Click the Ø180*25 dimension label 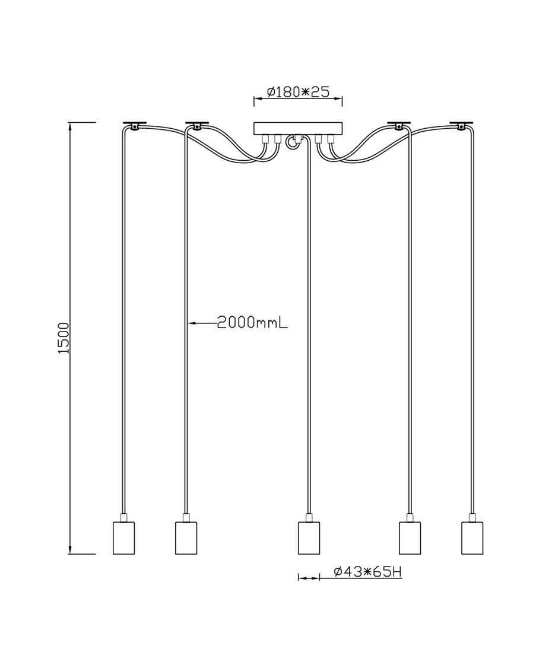[297, 92]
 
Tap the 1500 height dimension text [64, 338]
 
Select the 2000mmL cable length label [252, 323]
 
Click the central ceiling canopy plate [297, 128]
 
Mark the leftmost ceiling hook [135, 125]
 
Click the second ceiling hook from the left [196, 125]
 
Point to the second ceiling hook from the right [399, 125]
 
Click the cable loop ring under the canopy [291, 142]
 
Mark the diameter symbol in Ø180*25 [270, 92]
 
